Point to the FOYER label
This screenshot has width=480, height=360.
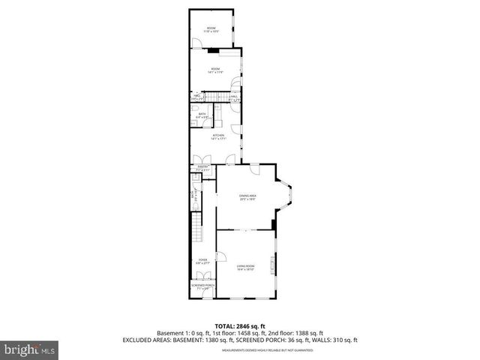tap(202, 259)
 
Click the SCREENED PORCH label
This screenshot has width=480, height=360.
tap(202, 286)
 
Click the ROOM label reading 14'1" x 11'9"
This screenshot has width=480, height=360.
tap(217, 69)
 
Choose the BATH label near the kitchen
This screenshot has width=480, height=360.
tap(202, 115)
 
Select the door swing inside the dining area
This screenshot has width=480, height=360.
tap(255, 169)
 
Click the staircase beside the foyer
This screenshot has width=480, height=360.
tap(199, 225)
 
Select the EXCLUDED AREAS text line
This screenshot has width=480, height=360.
tap(240, 340)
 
